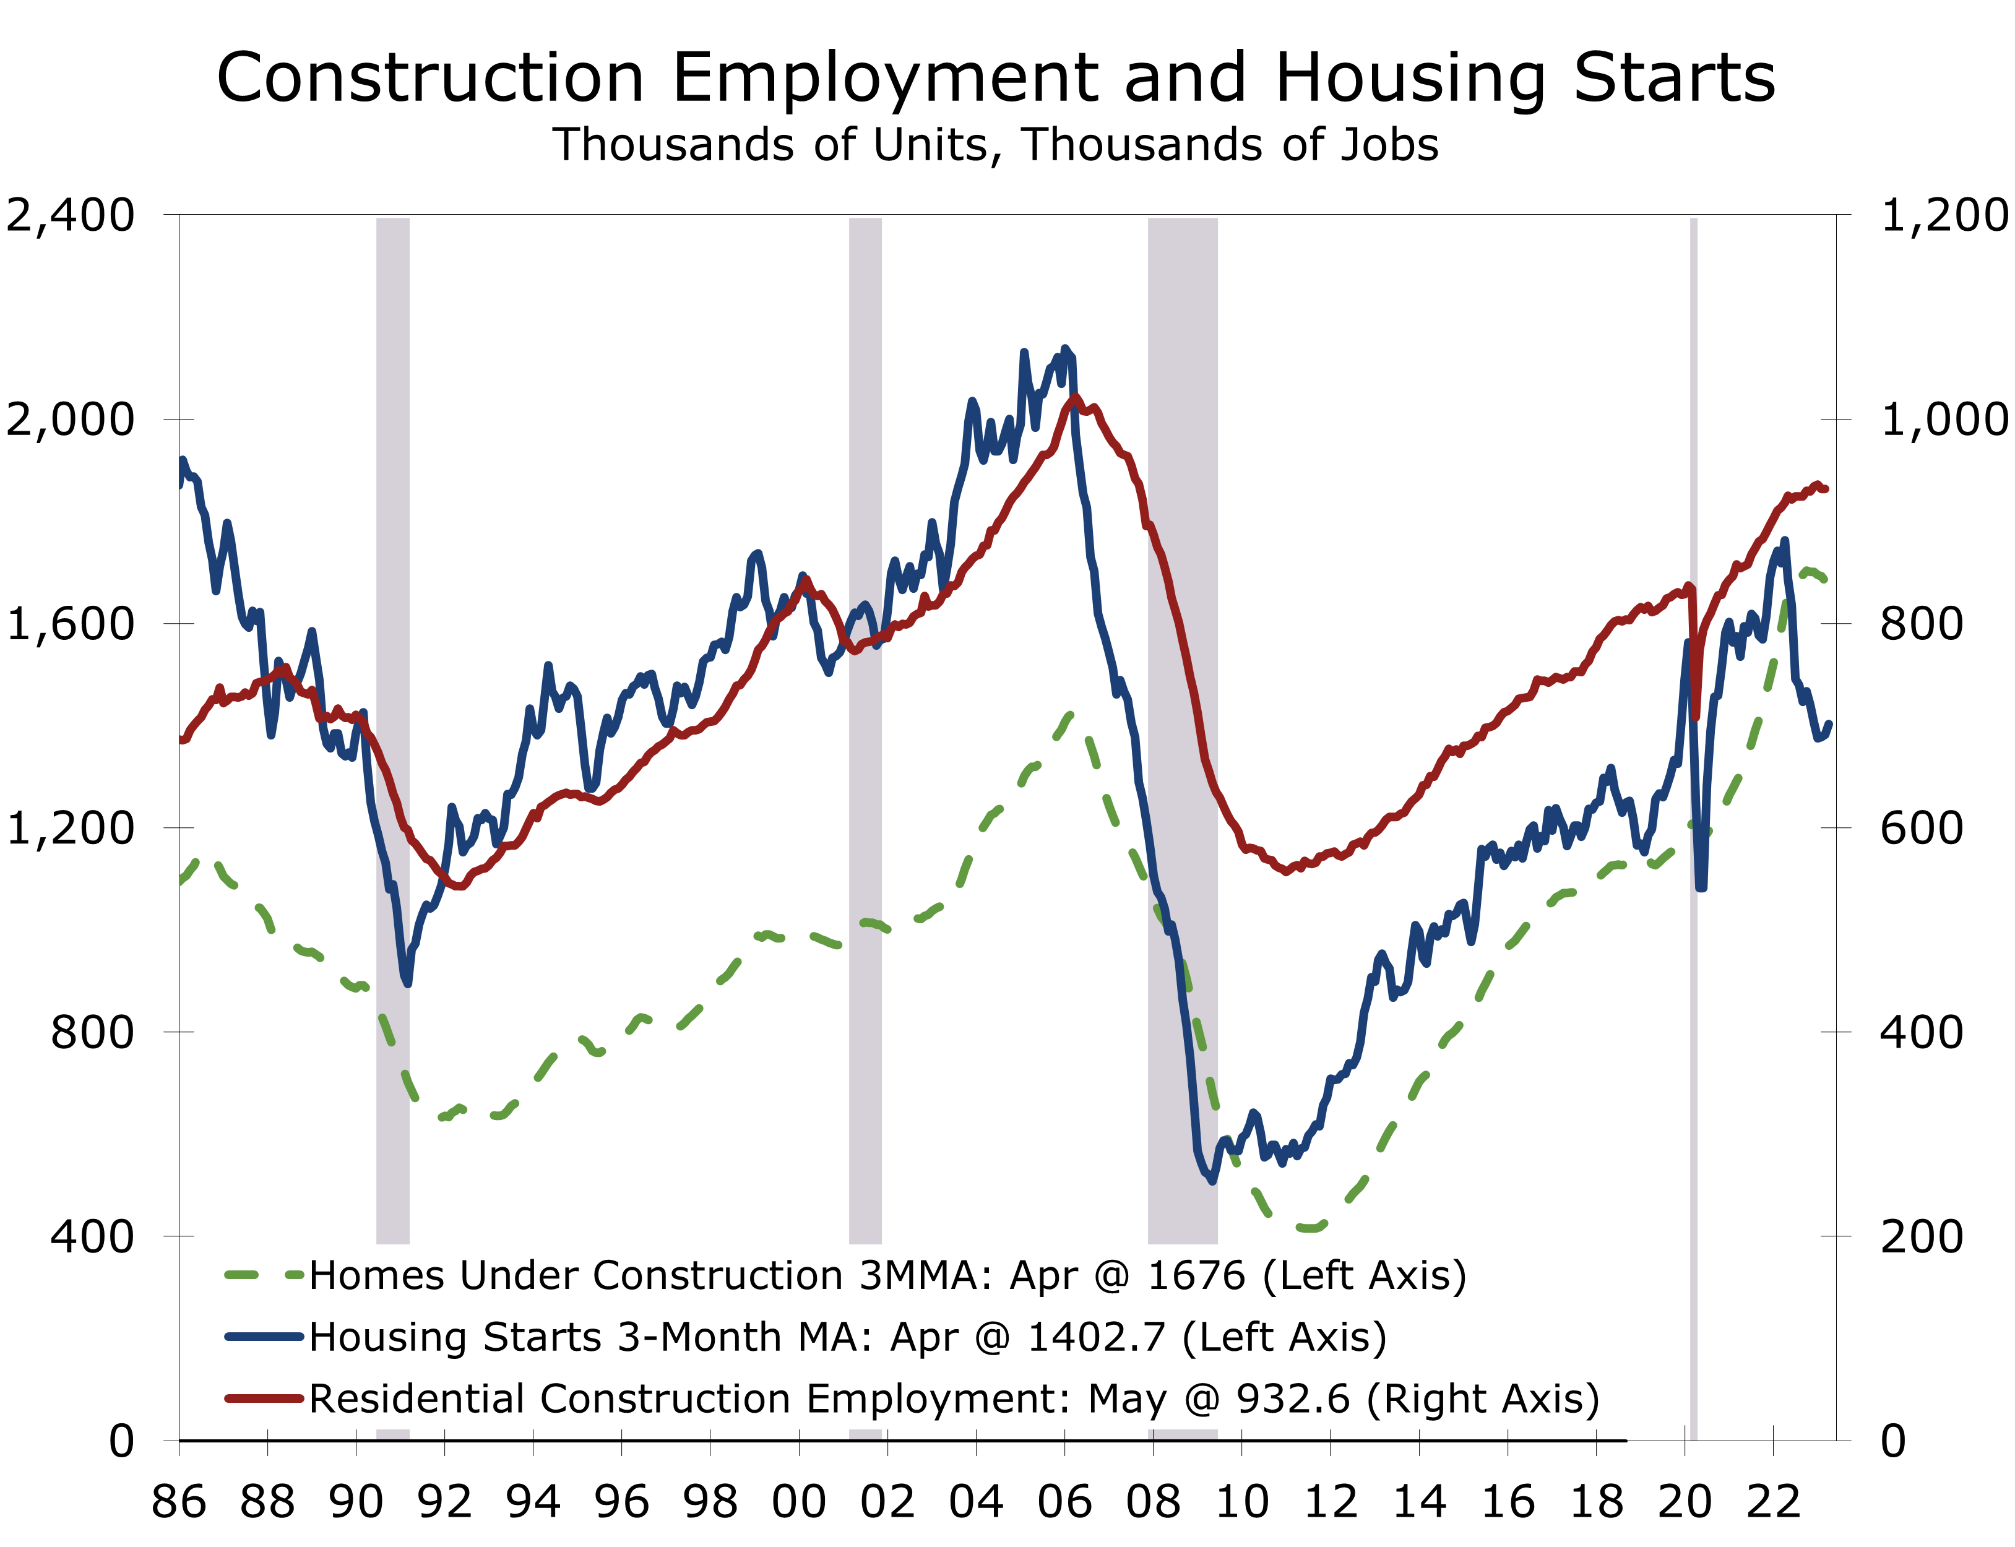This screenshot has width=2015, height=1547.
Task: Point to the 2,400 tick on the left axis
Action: [x=70, y=215]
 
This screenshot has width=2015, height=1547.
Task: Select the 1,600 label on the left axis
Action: [x=70, y=623]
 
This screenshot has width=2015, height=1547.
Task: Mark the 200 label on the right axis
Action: [x=1921, y=1236]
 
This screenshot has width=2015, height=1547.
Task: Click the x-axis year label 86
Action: [x=179, y=1503]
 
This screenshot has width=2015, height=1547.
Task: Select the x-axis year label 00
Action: [x=798, y=1503]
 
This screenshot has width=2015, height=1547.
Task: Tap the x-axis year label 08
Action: [x=1153, y=1503]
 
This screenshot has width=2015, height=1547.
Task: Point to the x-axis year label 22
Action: [x=1773, y=1503]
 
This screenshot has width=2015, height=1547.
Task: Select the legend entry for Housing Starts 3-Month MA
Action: [x=847, y=1337]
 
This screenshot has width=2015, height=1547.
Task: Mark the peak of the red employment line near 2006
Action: [x=1076, y=398]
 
